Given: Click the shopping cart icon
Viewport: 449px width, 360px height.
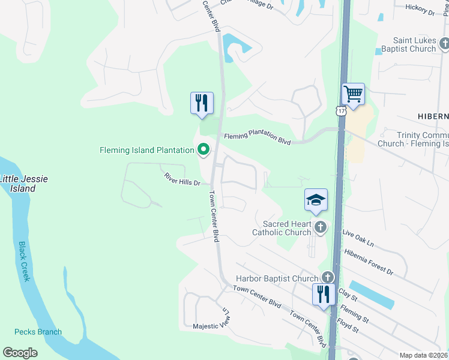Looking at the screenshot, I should [x=352, y=94].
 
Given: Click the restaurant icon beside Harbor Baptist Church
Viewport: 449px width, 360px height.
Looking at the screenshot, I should [x=323, y=294].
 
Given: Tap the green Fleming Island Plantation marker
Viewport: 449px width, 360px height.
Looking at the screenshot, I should [x=203, y=149].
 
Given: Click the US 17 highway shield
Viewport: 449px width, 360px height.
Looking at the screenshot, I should [x=341, y=112].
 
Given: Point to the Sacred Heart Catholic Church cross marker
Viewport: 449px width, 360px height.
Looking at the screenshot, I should [x=321, y=227].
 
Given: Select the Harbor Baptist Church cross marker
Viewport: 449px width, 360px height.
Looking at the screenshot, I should [x=327, y=277].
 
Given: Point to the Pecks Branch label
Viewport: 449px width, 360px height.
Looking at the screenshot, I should [x=38, y=332].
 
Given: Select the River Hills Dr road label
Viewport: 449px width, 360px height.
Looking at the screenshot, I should [x=182, y=179].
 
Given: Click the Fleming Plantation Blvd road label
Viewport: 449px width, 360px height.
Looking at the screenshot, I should [x=258, y=139].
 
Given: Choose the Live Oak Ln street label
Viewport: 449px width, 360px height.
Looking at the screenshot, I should [x=358, y=238].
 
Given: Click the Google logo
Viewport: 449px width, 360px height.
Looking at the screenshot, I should [x=20, y=353].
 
